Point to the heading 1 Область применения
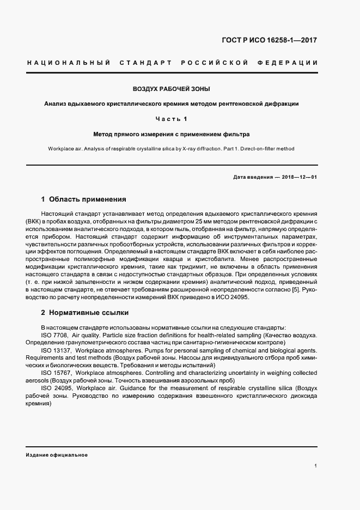(83, 199)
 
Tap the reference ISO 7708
(53, 334)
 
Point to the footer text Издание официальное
(57, 454)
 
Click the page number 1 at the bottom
(316, 466)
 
